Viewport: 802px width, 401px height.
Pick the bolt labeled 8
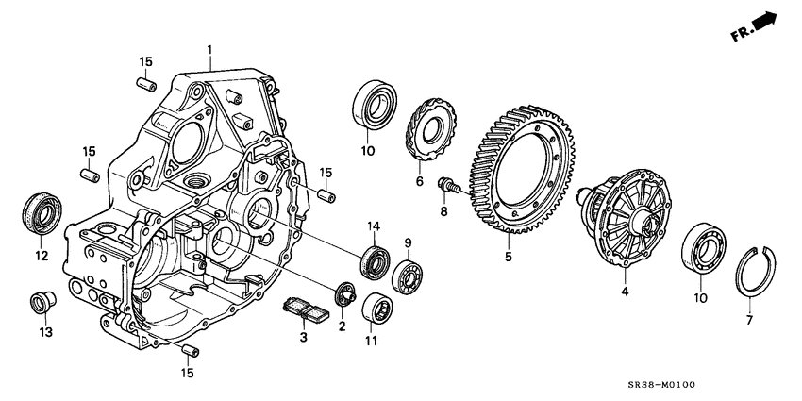click(445, 186)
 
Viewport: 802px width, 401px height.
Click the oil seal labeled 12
click(40, 211)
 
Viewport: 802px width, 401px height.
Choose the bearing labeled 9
click(409, 277)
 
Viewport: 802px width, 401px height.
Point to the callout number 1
click(210, 48)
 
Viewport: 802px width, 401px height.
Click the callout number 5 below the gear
click(507, 255)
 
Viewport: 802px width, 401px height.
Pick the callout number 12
click(41, 255)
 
